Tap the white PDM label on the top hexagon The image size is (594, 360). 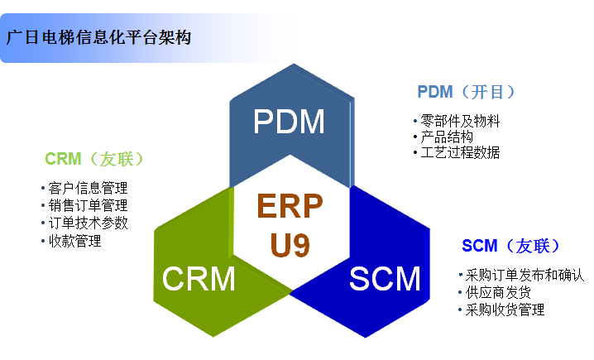tap(289, 122)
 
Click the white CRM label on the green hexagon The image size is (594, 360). tap(199, 279)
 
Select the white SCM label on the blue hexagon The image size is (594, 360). tap(385, 279)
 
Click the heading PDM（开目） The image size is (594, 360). tap(472, 92)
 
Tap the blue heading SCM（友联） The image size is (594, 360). tap(511, 246)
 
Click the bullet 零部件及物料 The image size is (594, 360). tap(460, 121)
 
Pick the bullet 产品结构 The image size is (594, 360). tap(448, 137)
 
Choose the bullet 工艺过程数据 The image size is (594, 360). tap(460, 152)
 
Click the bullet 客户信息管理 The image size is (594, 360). tap(88, 188)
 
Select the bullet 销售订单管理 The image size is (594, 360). tap(88, 205)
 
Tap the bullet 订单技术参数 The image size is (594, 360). tap(88, 223)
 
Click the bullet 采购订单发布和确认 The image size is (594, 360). tap(525, 275)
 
